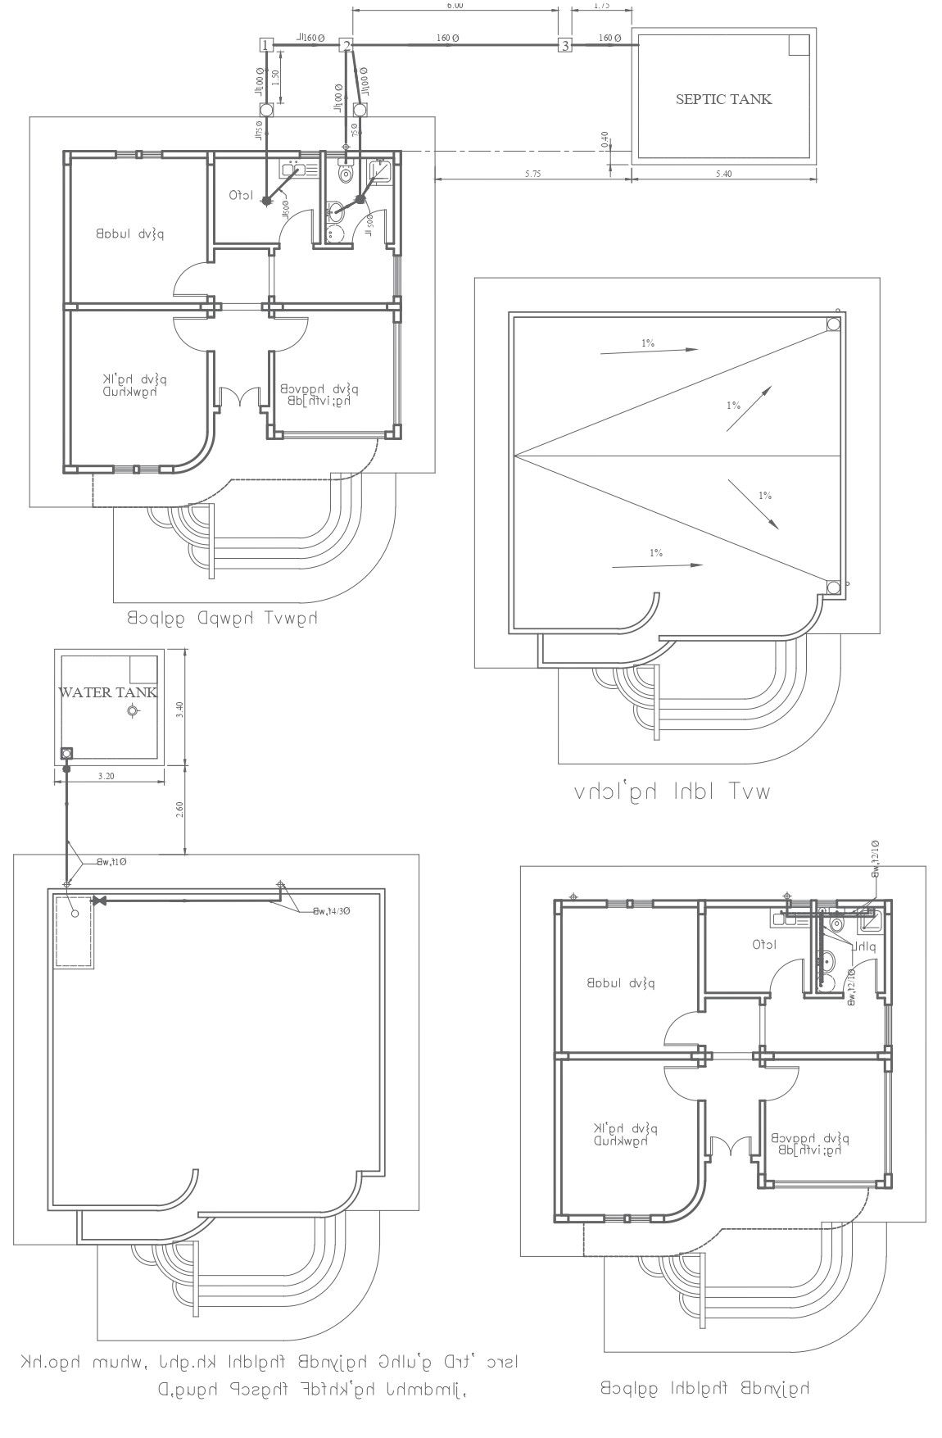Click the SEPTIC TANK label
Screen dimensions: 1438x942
click(723, 99)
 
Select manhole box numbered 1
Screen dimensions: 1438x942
click(265, 45)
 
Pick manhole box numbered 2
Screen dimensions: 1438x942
click(346, 45)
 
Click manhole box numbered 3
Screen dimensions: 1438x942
click(565, 45)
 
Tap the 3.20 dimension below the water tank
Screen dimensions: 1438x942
click(105, 774)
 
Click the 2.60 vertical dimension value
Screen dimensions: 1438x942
click(180, 810)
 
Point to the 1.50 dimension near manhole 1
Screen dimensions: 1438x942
click(276, 78)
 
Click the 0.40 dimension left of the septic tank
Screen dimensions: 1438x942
click(604, 138)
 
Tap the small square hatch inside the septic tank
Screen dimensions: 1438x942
click(799, 45)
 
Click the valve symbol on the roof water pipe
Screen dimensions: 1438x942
click(100, 901)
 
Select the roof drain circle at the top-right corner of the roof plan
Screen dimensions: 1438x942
click(833, 324)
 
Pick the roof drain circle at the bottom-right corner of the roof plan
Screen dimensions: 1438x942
click(833, 587)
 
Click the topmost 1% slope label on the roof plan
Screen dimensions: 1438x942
click(648, 343)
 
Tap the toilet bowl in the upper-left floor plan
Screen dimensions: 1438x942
click(346, 173)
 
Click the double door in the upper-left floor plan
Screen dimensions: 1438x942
click(239, 397)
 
